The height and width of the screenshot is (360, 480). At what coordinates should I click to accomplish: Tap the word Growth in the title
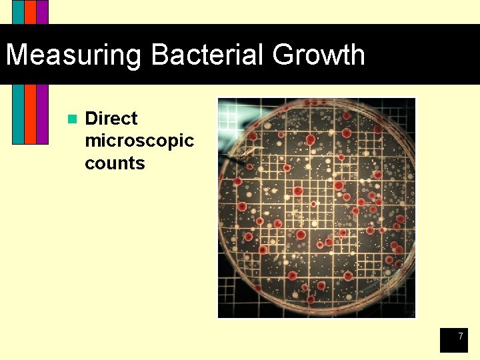pos(319,55)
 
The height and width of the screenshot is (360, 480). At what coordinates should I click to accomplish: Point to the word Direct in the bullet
pos(111,119)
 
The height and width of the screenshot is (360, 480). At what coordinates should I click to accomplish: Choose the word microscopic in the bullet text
pos(139,141)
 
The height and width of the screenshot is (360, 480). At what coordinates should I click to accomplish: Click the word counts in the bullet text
pos(115,163)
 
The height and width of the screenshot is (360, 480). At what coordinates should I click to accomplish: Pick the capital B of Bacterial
pos(160,55)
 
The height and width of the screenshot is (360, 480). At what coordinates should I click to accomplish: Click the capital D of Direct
pos(92,119)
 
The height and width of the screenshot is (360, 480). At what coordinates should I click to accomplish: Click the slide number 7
pos(460,337)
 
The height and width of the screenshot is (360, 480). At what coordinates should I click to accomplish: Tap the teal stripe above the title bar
pos(18,12)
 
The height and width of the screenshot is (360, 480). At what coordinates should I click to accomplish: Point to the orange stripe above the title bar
pos(30,12)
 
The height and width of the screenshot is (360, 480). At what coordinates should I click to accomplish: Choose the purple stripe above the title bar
pos(42,12)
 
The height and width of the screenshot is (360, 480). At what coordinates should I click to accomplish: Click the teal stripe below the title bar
pos(18,113)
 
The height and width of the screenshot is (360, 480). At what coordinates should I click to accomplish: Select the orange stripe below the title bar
pos(30,113)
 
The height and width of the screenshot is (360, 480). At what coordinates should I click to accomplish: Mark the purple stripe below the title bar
pos(42,113)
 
